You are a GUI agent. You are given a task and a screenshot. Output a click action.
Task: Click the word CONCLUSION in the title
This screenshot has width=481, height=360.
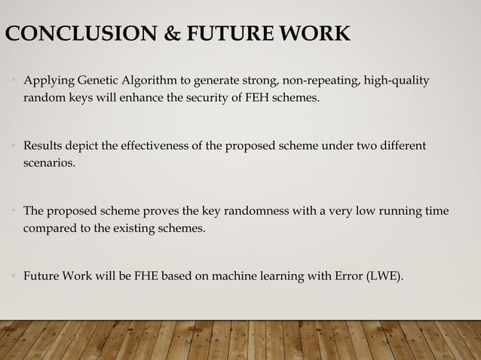click(x=68, y=35)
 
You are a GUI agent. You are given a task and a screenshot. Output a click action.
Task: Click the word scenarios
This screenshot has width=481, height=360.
click(x=49, y=161)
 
